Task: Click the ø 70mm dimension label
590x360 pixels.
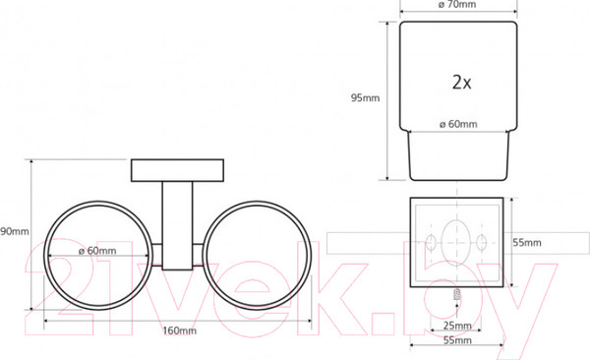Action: point(457,5)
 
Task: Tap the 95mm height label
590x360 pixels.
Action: point(365,98)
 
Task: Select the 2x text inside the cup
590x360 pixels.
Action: point(462,82)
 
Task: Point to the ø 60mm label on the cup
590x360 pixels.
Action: point(458,124)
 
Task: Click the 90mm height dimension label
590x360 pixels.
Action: point(15,231)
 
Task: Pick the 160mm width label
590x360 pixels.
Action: point(180,330)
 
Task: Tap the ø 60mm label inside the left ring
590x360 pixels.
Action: point(97,251)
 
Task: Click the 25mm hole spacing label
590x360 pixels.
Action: point(457,326)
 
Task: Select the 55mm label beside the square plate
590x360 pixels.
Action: point(527,243)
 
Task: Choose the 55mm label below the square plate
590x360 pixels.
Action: point(457,340)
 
